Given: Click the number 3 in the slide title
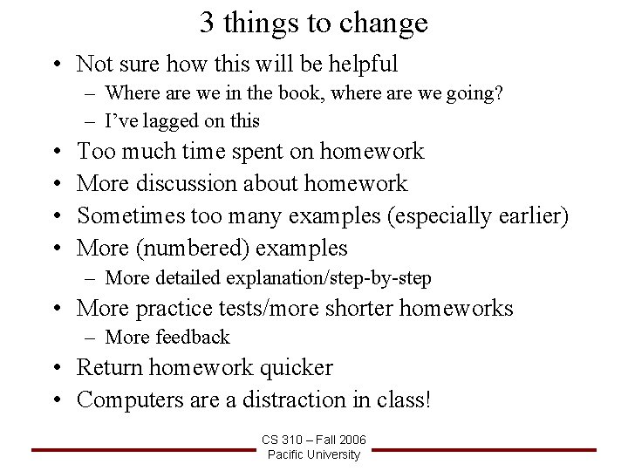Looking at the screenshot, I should point(208,23).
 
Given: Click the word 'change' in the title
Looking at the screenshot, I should point(386,24).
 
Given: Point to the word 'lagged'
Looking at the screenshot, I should point(156,120).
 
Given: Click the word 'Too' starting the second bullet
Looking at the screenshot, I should point(94,152).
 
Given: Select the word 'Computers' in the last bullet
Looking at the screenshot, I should point(132,399).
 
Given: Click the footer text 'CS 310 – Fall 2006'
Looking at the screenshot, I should point(313,440).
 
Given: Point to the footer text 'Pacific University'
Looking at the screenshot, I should point(313,454).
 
